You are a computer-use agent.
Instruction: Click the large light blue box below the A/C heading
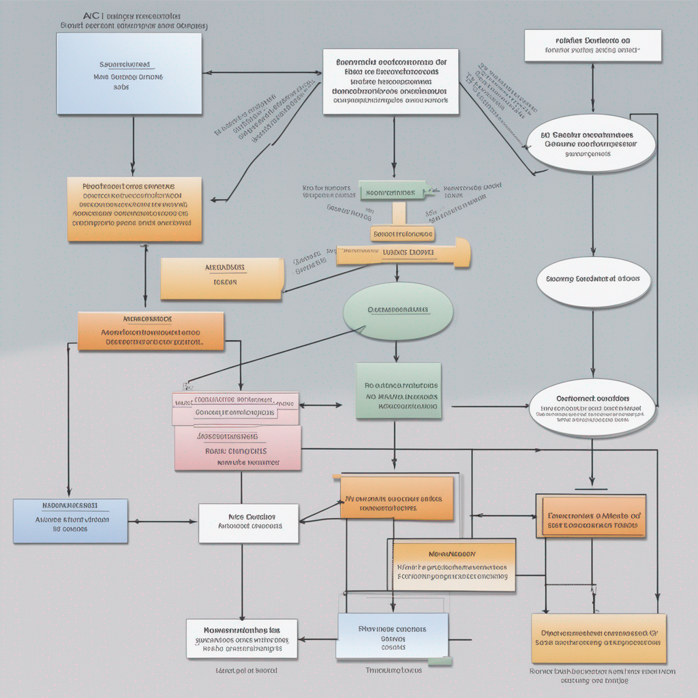129,73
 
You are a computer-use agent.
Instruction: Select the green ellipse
398,310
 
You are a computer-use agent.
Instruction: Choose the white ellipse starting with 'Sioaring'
592,279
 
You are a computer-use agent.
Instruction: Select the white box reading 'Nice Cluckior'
248,523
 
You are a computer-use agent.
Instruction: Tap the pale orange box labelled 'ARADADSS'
222,278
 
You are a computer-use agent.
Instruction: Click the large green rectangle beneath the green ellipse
398,391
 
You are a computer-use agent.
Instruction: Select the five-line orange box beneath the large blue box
134,209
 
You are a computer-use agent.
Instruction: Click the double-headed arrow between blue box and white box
262,72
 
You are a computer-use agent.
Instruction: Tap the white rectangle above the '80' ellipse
592,46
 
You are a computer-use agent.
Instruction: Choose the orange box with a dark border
590,516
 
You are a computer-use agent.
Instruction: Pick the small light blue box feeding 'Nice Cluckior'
70,521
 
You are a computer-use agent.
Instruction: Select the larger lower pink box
237,448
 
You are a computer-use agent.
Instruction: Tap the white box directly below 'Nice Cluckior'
242,638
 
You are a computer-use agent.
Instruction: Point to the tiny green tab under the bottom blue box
439,661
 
